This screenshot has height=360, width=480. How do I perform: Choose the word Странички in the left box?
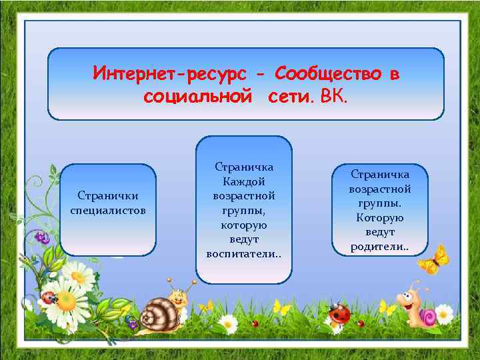point(108,197)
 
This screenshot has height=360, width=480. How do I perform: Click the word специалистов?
point(108,211)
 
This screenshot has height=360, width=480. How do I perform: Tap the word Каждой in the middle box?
point(244,182)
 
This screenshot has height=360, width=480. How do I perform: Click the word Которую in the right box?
point(380,217)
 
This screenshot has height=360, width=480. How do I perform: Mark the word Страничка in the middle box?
point(244,167)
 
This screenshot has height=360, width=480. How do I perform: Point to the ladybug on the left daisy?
point(47,297)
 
